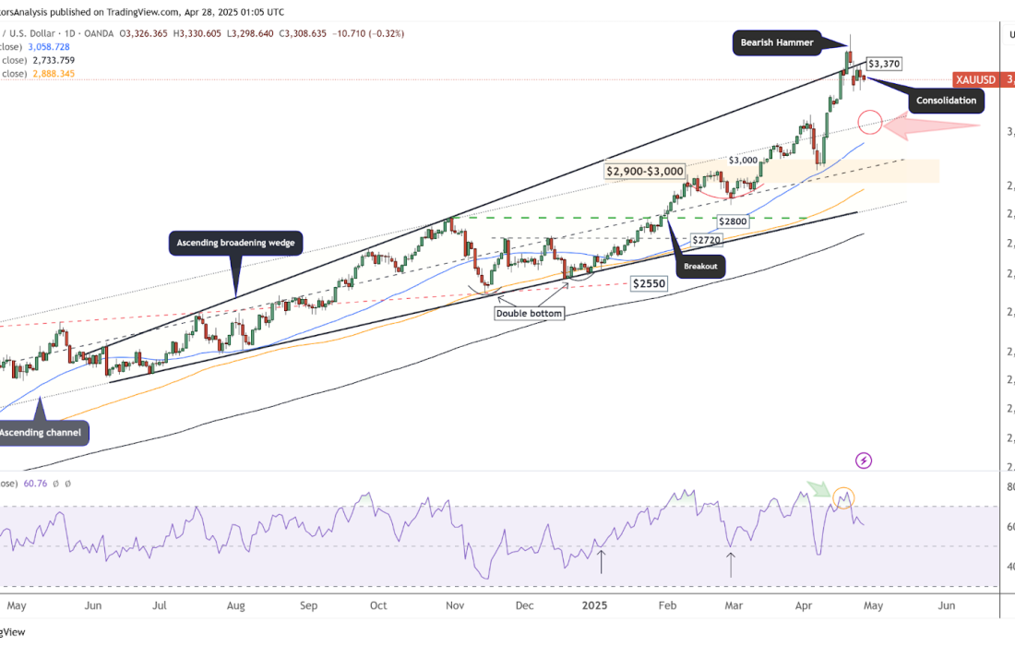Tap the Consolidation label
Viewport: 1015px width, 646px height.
(x=946, y=100)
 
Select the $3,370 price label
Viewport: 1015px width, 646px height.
(x=884, y=64)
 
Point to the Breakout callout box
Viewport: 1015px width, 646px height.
(x=699, y=267)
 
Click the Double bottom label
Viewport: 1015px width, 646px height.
(x=529, y=313)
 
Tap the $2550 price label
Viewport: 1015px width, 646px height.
(x=649, y=284)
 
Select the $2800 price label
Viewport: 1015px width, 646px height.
(x=734, y=221)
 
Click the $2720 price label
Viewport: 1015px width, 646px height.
(x=708, y=239)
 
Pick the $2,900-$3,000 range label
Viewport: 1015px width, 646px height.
(x=645, y=171)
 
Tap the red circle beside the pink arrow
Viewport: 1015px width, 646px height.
(x=869, y=121)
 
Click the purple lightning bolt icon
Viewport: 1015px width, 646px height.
(x=864, y=460)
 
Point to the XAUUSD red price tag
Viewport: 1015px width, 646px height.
(x=976, y=80)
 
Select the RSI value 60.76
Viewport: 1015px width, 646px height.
(x=36, y=483)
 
